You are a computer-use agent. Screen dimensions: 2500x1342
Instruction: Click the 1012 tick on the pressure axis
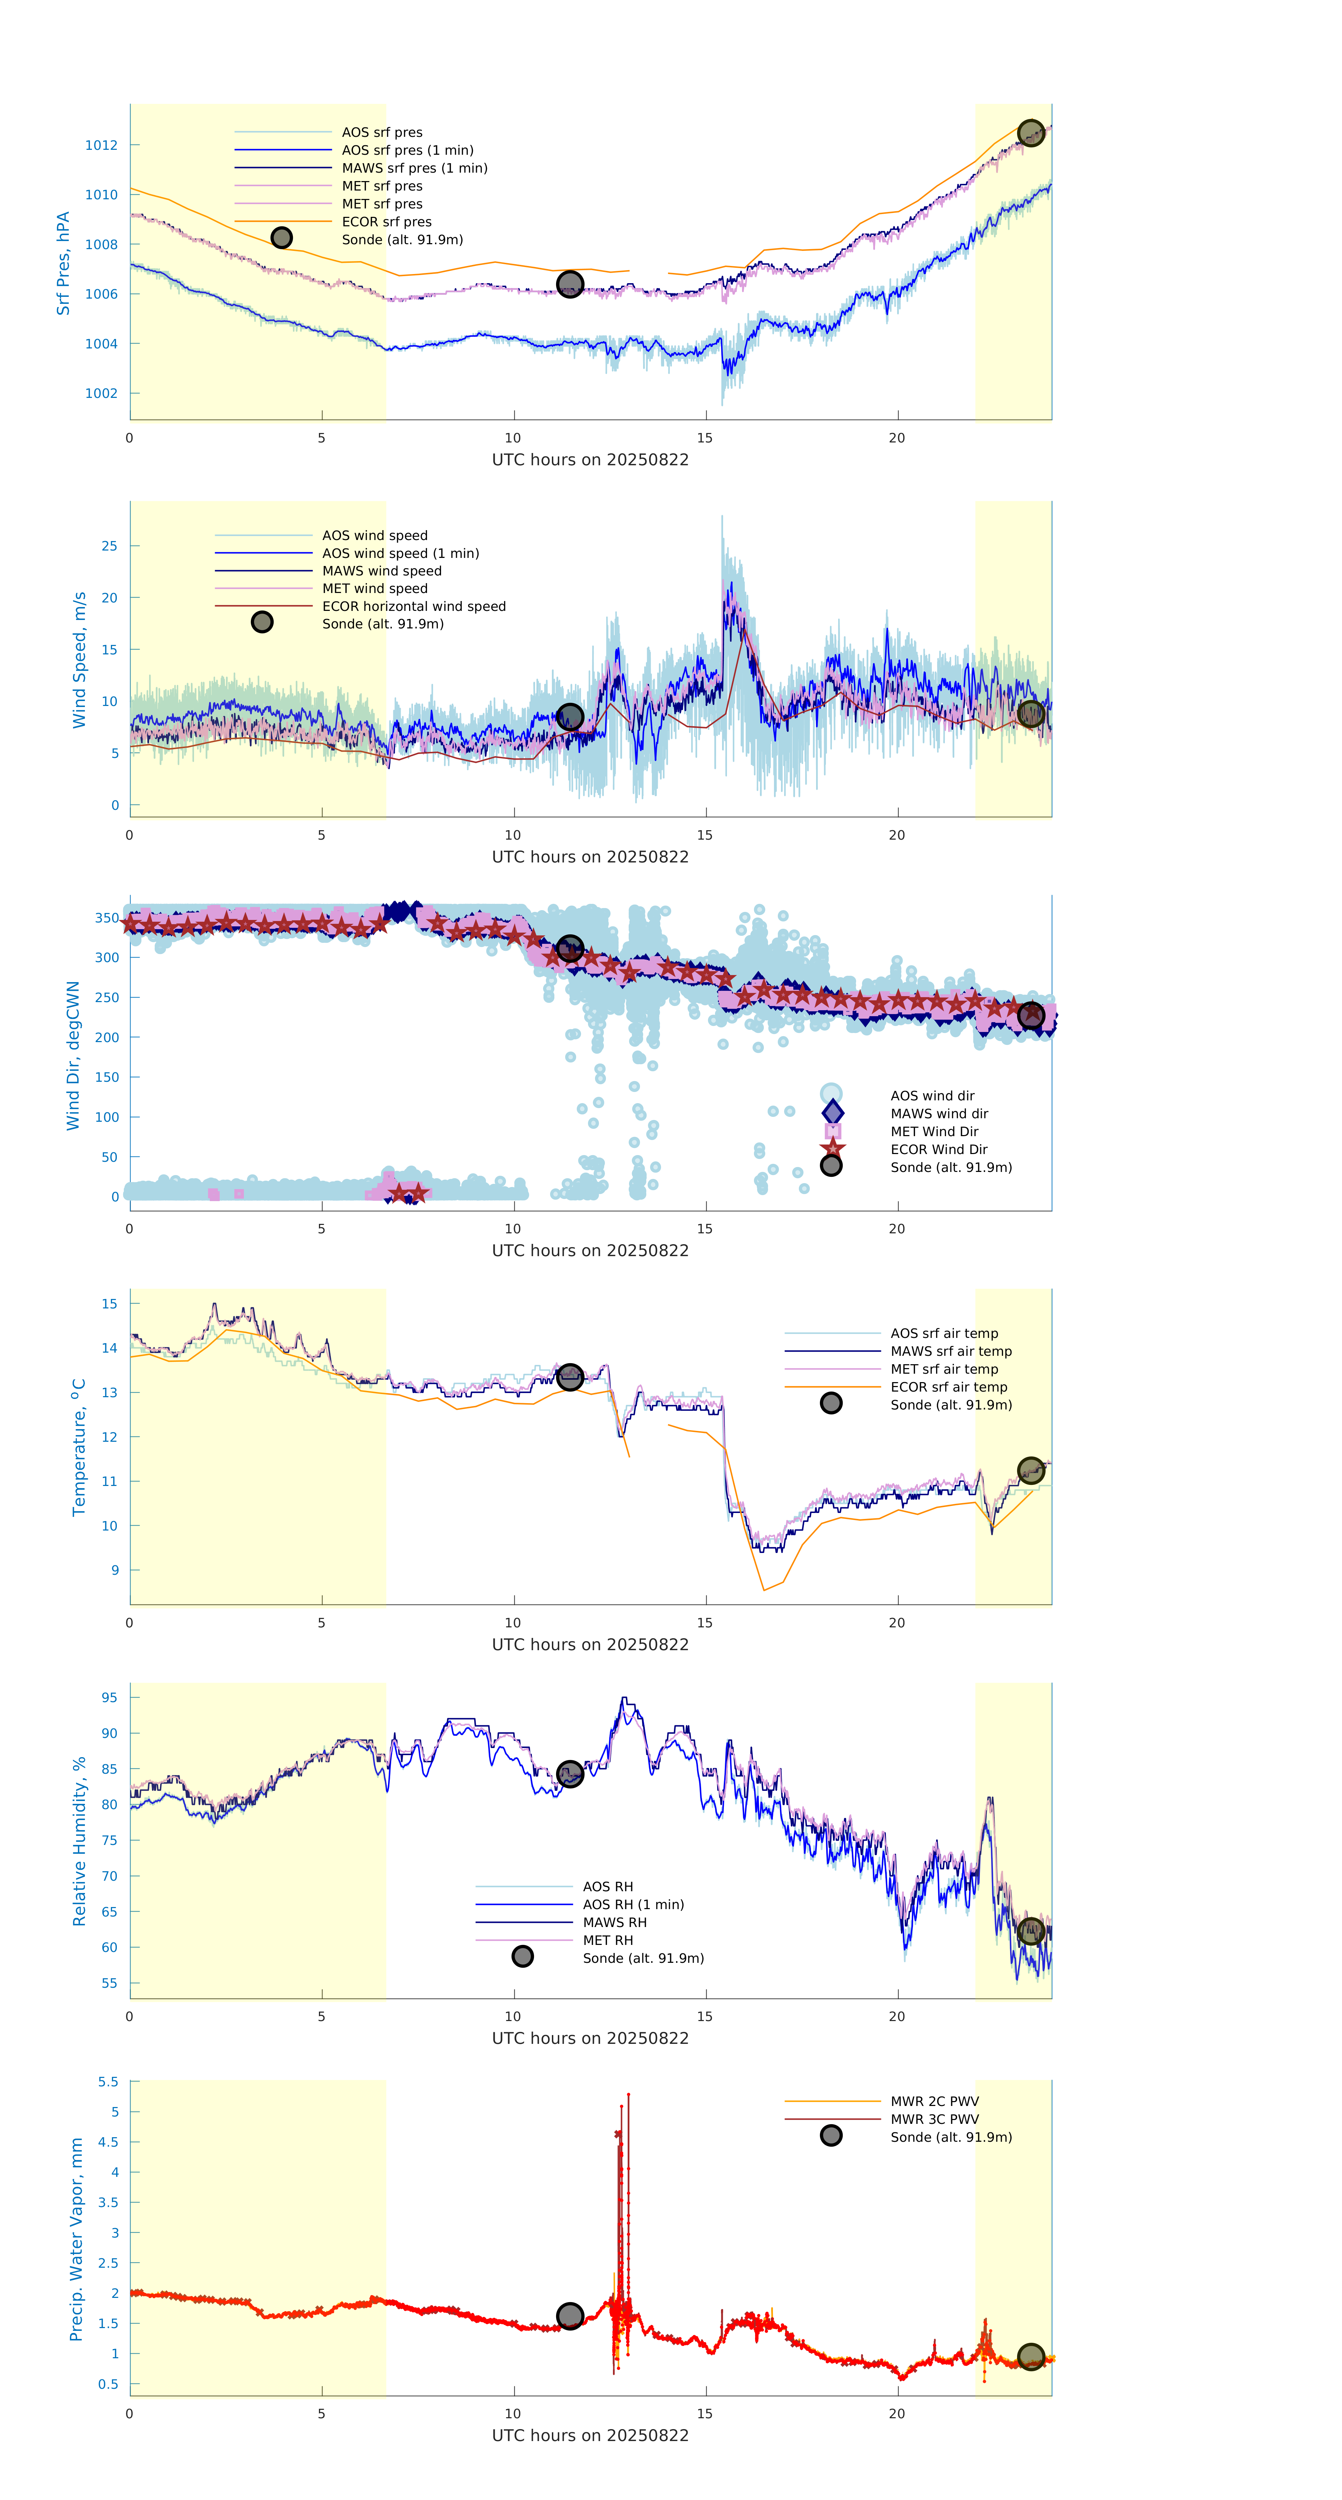click(101, 146)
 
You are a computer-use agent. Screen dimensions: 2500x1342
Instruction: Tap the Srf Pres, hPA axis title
click(63, 263)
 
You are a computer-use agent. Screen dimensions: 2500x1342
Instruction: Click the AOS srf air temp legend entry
click(943, 1333)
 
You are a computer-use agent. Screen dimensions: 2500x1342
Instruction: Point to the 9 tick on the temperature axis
click(114, 1570)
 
